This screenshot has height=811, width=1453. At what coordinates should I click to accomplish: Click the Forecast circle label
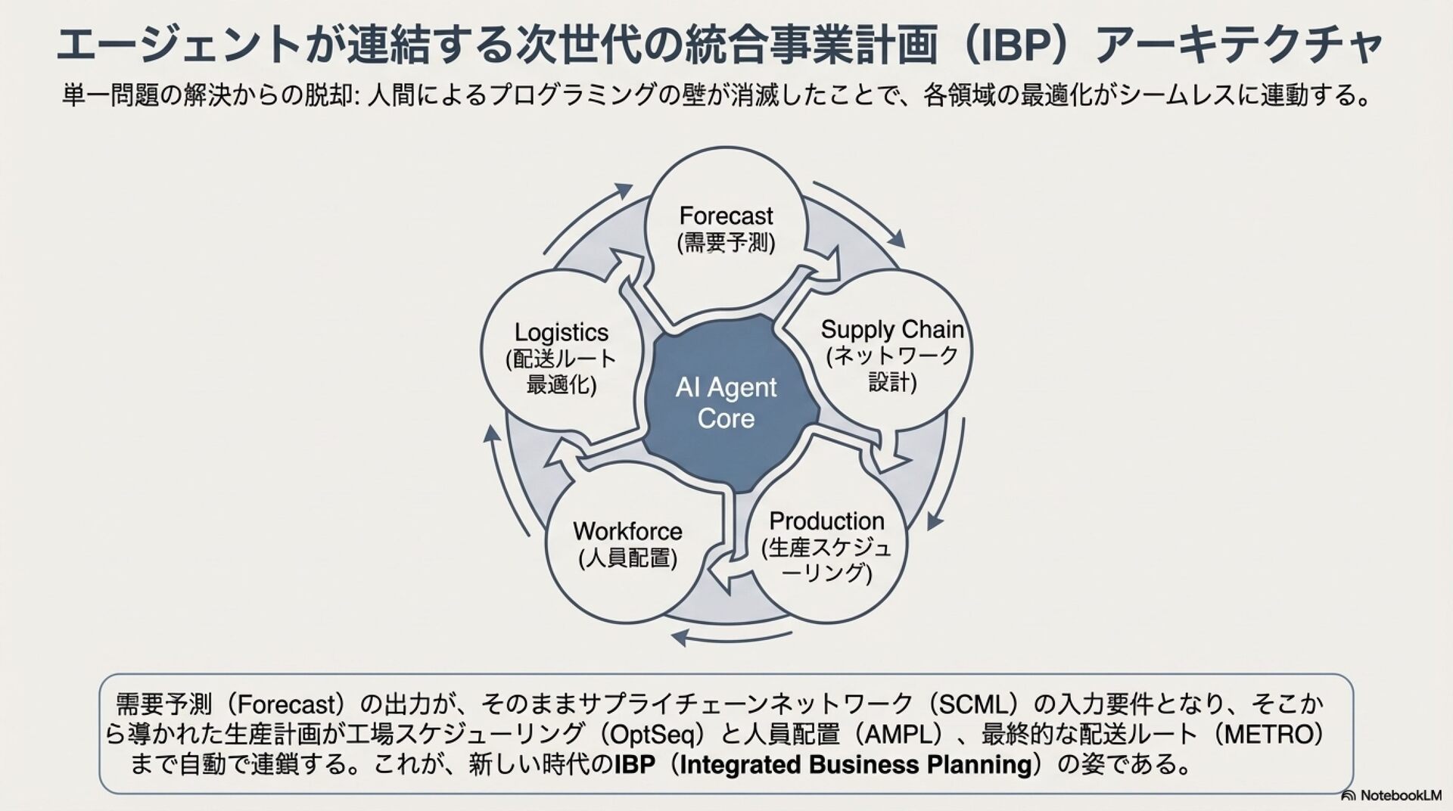pyautogui.click(x=726, y=216)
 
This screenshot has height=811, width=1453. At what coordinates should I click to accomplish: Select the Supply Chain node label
pyautogui.click(x=892, y=330)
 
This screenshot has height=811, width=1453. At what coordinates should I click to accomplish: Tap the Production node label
pyautogui.click(x=826, y=521)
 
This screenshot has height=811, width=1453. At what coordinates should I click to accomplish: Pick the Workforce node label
pyautogui.click(x=627, y=531)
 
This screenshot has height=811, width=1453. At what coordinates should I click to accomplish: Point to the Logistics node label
pyautogui.click(x=561, y=333)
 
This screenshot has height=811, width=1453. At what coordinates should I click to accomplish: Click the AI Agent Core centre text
pyautogui.click(x=726, y=402)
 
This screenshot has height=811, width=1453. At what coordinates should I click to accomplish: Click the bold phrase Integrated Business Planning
pyautogui.click(x=855, y=765)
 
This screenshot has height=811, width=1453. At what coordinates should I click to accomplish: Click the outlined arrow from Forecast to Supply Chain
pyautogui.click(x=825, y=269)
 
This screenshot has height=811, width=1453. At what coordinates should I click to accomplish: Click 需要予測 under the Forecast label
pyautogui.click(x=726, y=243)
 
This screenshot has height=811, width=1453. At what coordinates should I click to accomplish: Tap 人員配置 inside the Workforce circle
pyautogui.click(x=627, y=558)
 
